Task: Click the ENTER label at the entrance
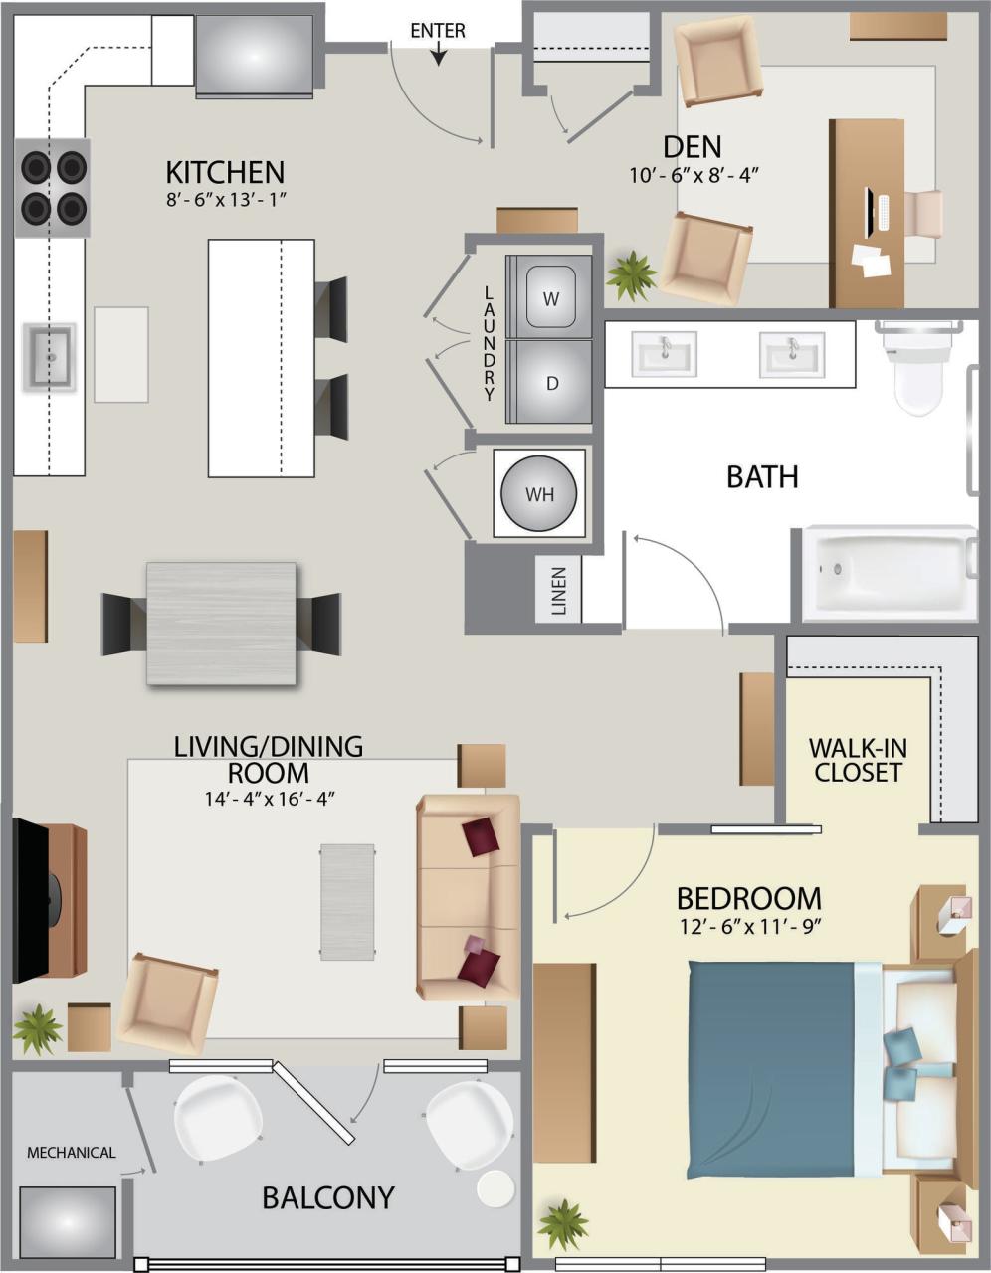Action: [x=438, y=31]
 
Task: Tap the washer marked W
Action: [x=550, y=297]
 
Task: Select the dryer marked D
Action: [x=550, y=383]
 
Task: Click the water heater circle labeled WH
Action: [x=540, y=494]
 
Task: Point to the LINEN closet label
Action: [x=558, y=592]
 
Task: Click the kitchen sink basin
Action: [x=49, y=354]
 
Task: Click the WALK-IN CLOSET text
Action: [x=857, y=760]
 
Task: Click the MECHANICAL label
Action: [x=71, y=1153]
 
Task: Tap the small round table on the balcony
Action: [x=495, y=1188]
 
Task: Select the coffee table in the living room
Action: [x=347, y=902]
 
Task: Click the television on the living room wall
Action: [x=31, y=901]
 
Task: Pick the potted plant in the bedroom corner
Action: [x=563, y=1224]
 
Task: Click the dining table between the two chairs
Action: [x=221, y=623]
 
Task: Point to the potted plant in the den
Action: [x=631, y=274]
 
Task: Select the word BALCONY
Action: [x=328, y=1197]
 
